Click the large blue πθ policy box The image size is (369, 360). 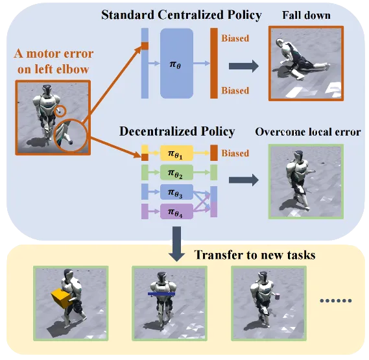point(177,64)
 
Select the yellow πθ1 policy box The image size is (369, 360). point(177,153)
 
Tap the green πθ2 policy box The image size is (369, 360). point(177,173)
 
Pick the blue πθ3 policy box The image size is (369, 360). point(177,192)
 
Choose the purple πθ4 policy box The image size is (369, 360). point(177,211)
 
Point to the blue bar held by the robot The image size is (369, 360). point(161,294)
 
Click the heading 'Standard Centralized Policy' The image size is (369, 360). point(182,15)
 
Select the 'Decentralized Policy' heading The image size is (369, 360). point(177,131)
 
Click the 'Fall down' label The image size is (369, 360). point(306,16)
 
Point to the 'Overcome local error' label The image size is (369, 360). point(308,132)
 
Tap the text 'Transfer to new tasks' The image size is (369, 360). point(255,255)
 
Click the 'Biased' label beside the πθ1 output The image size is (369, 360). point(235,153)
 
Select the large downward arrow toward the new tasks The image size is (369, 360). point(177,244)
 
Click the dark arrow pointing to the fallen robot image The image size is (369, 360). point(244,66)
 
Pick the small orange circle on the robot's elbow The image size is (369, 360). point(60,111)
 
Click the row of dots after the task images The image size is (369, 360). point(336,301)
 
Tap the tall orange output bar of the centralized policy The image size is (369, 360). point(214,63)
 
